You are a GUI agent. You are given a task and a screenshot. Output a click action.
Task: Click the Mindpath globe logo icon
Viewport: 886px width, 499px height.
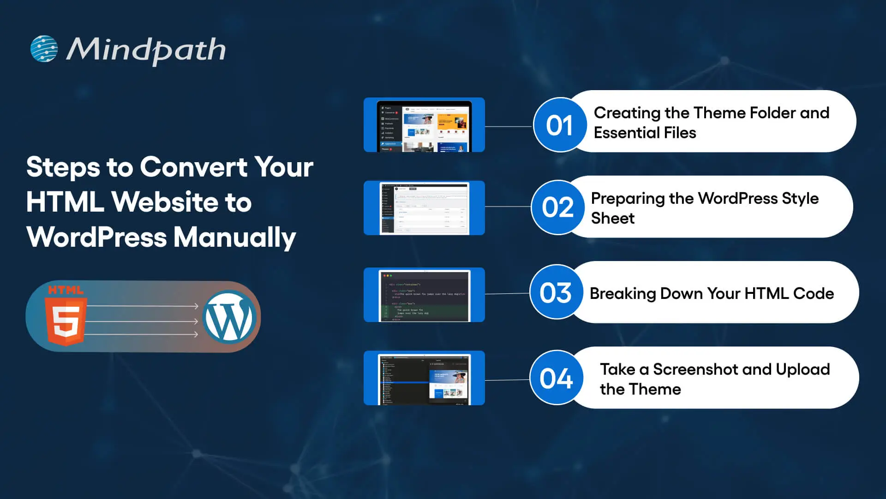[44, 49]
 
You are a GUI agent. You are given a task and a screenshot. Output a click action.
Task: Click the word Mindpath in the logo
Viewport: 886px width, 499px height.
[146, 50]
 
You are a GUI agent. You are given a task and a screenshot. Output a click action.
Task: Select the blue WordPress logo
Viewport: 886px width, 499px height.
[229, 316]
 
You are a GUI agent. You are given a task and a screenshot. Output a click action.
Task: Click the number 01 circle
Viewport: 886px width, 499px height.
[559, 125]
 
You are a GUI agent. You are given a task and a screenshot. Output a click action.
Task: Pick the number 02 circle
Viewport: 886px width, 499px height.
[557, 207]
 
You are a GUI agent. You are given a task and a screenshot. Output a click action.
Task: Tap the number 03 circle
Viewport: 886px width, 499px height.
[556, 292]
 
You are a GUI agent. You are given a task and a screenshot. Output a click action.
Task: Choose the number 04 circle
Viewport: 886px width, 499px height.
[556, 378]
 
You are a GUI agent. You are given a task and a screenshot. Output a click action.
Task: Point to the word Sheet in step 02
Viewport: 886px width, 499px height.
[613, 218]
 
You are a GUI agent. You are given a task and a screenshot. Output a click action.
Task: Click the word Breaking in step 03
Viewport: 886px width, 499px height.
[623, 293]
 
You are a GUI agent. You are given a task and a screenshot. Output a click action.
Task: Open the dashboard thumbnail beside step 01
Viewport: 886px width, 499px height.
[424, 125]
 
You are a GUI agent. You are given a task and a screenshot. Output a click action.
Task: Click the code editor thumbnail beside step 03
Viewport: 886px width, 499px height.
[424, 295]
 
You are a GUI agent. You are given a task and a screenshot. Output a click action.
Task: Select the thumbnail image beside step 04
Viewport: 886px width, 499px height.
[424, 378]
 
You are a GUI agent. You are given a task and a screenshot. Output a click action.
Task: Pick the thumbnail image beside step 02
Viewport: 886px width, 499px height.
[424, 208]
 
